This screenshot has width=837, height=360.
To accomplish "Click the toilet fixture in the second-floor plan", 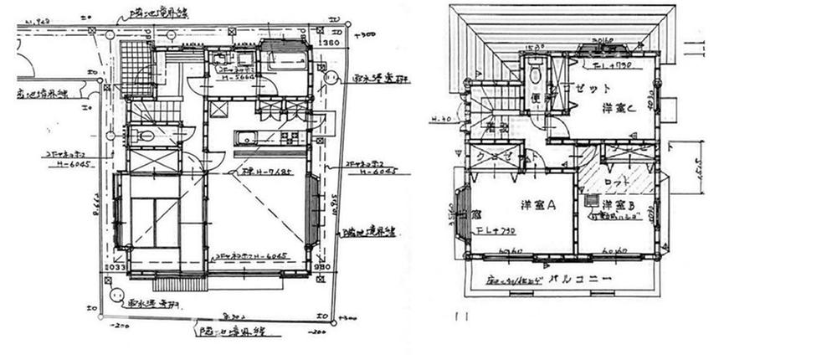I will point(534,76).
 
